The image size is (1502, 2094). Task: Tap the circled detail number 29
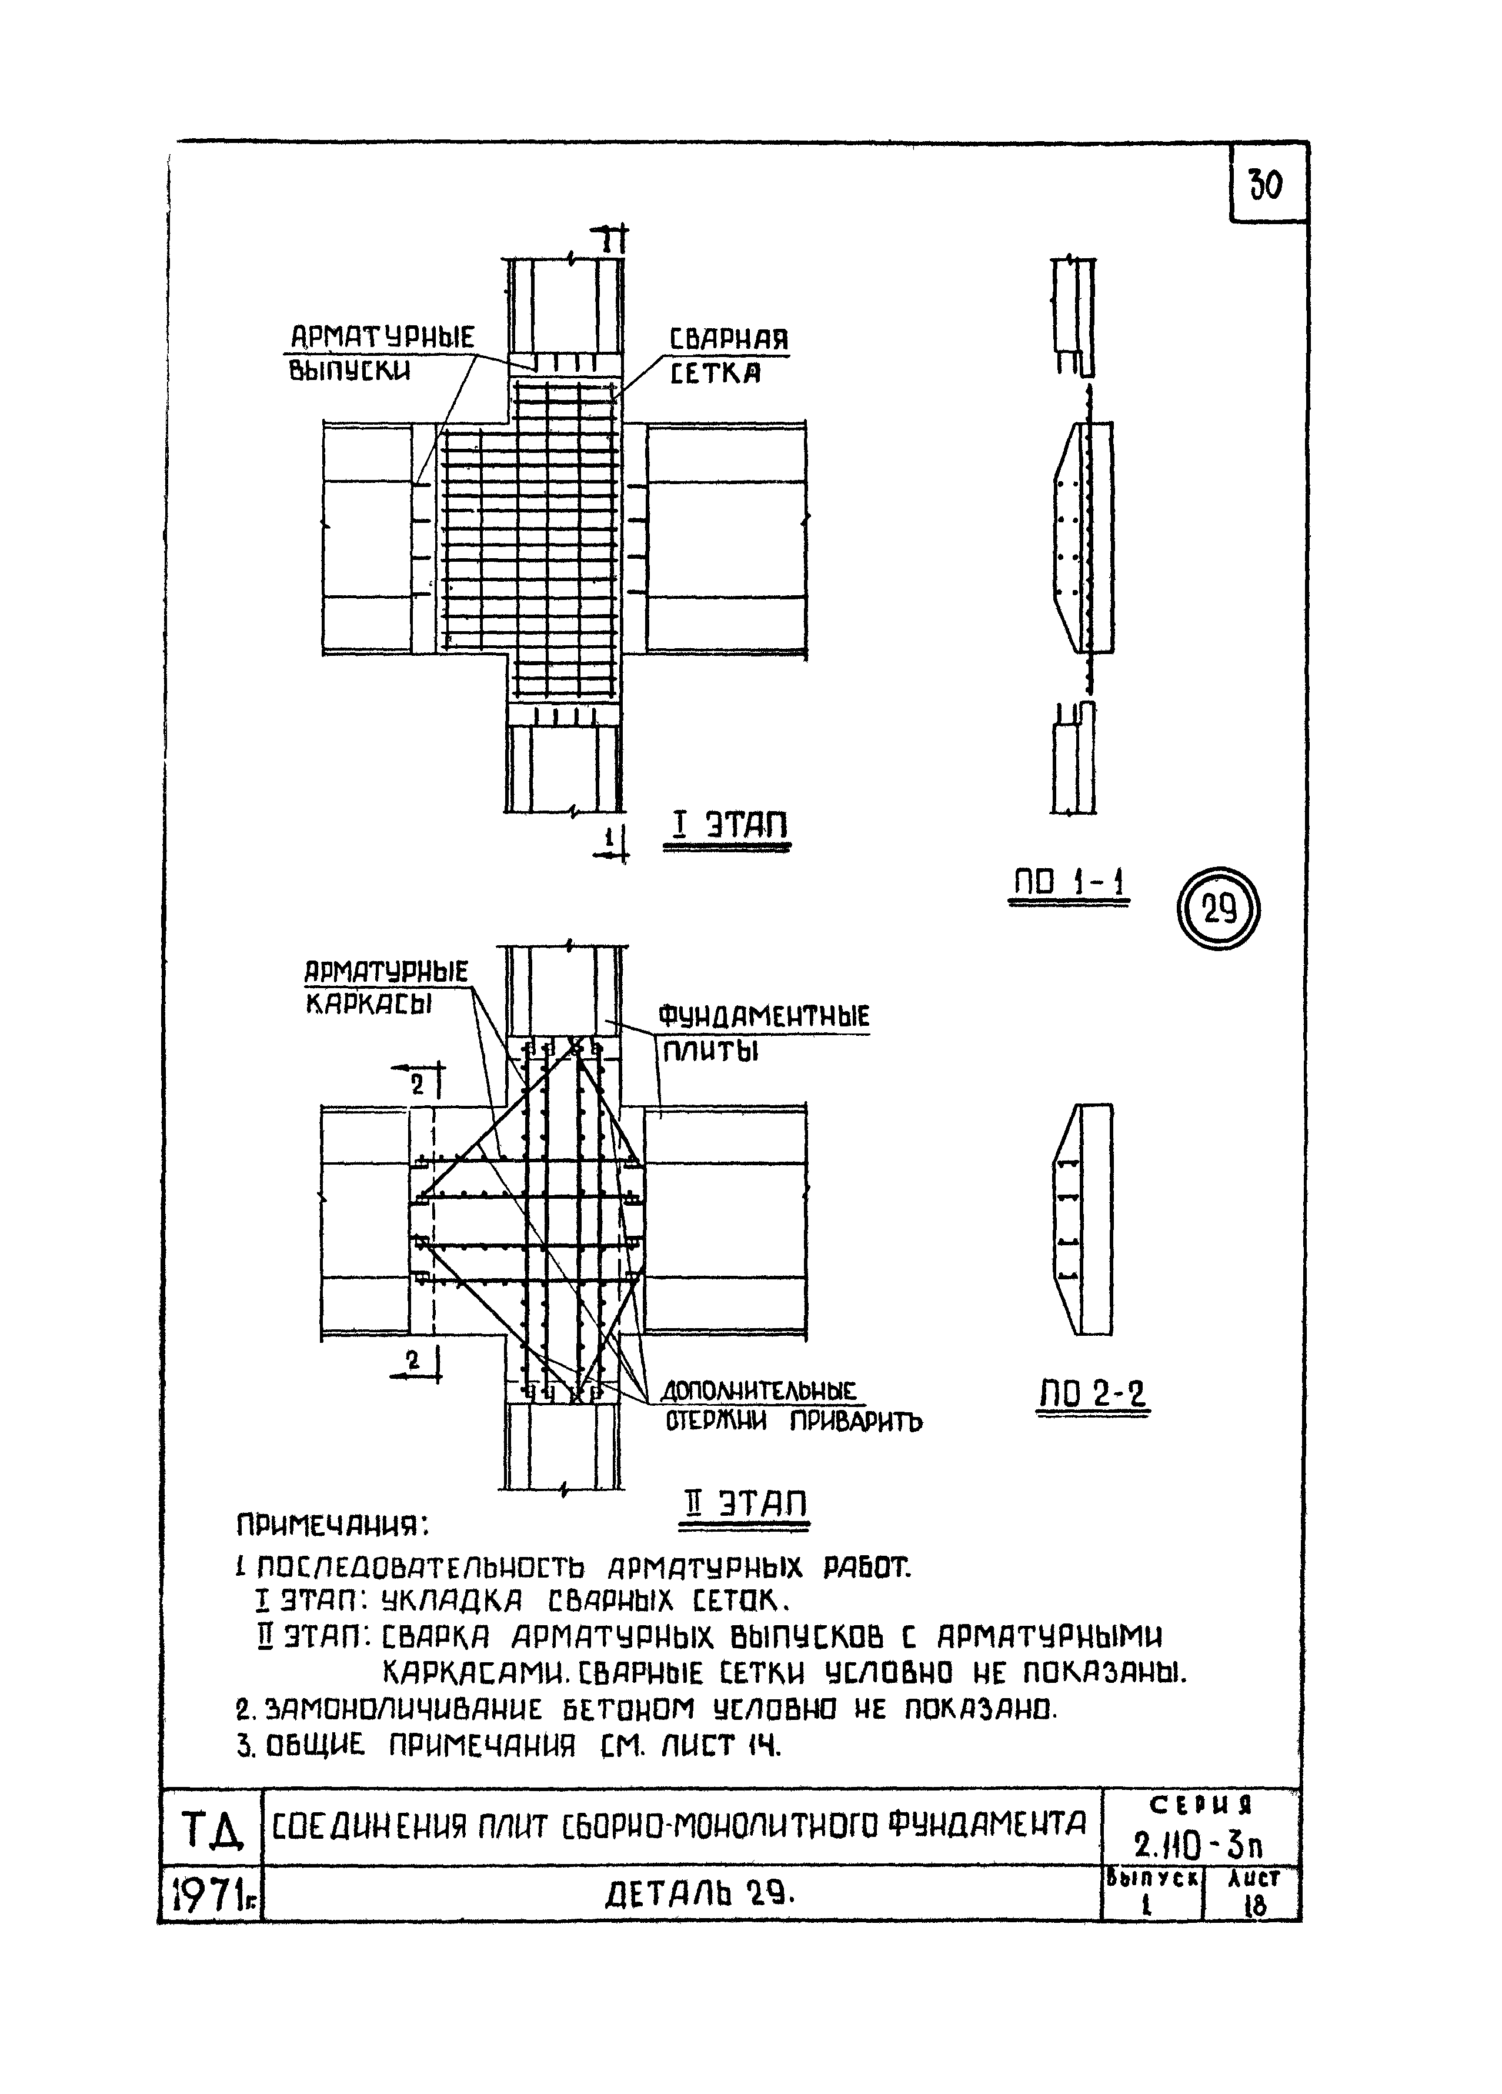[1219, 911]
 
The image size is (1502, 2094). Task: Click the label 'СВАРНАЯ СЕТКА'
[729, 355]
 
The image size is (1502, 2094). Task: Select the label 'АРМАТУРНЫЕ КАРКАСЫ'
[387, 987]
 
